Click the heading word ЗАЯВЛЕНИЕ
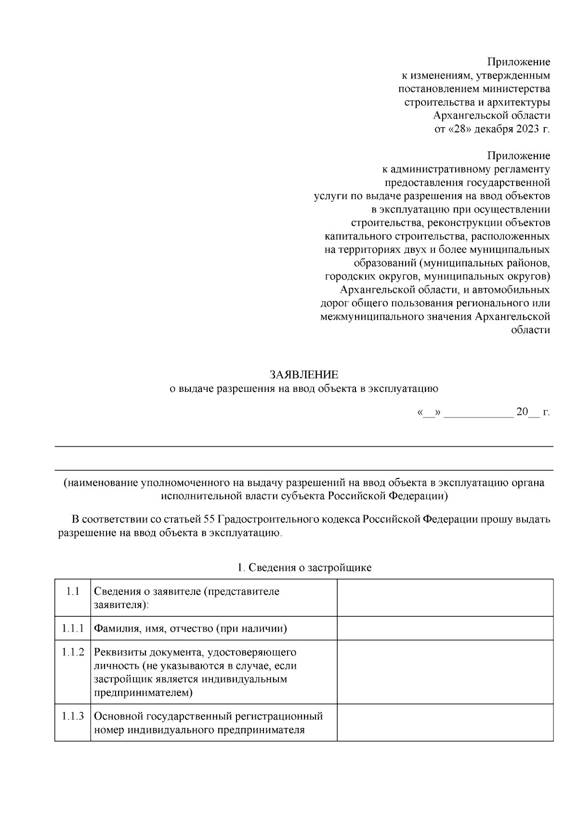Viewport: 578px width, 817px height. click(303, 375)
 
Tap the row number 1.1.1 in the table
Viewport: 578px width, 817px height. click(73, 628)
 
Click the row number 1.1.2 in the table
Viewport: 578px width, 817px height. click(73, 652)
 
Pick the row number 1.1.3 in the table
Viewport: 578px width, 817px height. click(73, 716)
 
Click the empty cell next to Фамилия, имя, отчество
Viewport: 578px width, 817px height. click(445, 628)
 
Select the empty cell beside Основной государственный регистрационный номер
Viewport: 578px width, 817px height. click(445, 723)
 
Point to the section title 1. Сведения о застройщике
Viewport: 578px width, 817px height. click(304, 568)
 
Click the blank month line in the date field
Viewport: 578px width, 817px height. click(478, 413)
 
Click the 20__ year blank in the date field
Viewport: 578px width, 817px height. click(528, 413)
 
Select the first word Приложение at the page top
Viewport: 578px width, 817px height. click(518, 62)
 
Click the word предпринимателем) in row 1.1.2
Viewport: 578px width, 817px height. click(143, 693)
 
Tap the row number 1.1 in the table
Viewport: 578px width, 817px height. click(73, 591)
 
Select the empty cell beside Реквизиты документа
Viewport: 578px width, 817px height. click(445, 672)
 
